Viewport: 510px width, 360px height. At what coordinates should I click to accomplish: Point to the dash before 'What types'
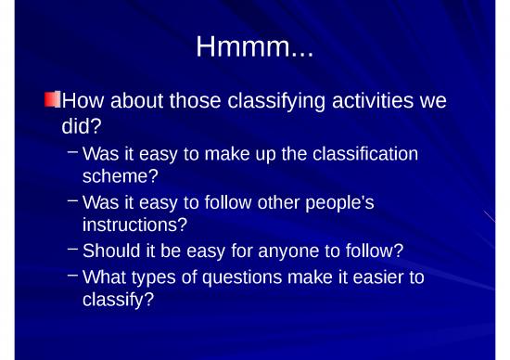tap(73, 276)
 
